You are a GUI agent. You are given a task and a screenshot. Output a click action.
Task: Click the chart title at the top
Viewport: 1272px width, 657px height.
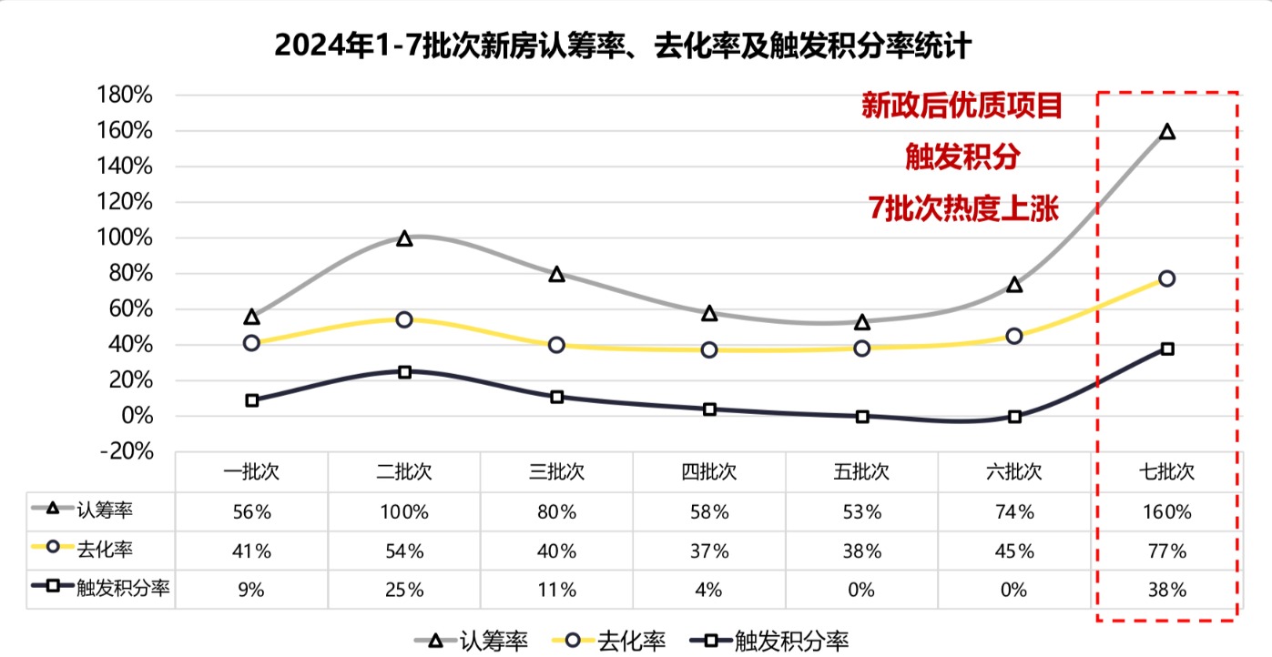623,45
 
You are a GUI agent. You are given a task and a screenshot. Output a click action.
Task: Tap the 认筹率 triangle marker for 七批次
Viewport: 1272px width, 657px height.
1167,132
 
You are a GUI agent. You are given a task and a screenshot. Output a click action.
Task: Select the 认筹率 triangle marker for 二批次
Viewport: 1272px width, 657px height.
404,238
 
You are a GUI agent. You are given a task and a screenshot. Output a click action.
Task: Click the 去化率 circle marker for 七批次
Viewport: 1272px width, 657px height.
1167,278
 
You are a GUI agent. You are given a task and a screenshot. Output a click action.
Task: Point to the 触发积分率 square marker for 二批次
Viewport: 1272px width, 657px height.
404,372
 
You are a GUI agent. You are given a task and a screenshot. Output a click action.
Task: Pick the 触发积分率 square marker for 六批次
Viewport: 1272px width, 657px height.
1015,417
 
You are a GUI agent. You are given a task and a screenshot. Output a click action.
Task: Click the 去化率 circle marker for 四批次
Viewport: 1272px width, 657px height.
709,349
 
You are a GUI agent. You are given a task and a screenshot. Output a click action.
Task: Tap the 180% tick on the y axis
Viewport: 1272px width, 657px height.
129,96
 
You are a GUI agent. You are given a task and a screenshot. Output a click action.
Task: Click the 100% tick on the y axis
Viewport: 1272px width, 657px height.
129,238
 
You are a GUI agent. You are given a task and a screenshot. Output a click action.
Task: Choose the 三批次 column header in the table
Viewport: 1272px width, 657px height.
556,473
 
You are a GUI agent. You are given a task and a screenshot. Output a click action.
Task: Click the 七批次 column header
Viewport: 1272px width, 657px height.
1166,473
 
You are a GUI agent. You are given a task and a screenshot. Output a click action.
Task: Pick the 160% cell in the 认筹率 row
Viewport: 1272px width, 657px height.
1166,512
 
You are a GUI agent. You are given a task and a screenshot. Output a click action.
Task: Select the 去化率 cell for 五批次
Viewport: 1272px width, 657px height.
861,551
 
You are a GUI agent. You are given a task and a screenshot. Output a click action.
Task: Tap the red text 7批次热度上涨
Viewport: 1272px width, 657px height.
963,209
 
